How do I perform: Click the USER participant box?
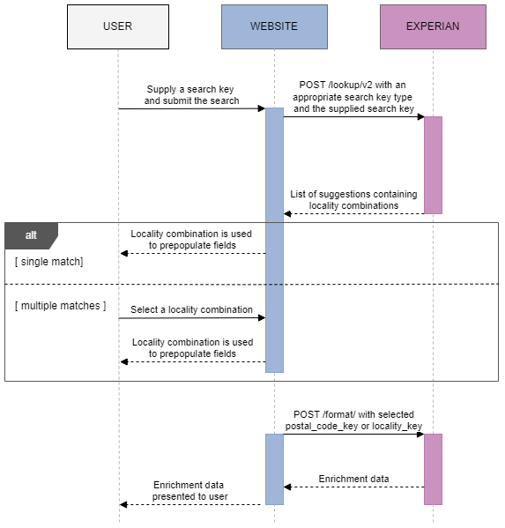pos(117,26)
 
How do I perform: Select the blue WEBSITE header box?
pos(274,26)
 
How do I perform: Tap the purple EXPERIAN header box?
pos(432,26)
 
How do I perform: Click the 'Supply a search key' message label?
pos(192,95)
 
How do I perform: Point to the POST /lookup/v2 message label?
pos(353,96)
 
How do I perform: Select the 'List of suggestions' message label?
pos(353,199)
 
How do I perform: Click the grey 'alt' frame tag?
pos(31,235)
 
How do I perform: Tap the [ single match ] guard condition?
pos(48,263)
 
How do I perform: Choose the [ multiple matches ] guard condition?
pos(60,306)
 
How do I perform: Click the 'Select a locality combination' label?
pos(192,309)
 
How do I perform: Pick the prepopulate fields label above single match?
pos(192,240)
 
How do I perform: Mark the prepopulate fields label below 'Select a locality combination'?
pos(192,347)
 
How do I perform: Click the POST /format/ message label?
pos(353,420)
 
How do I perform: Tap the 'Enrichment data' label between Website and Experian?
pos(353,479)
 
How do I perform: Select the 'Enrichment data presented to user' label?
pos(190,491)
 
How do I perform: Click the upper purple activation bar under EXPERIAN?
pos(433,165)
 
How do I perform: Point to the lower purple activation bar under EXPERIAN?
pos(433,468)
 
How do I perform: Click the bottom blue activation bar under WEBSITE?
pos(274,468)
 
